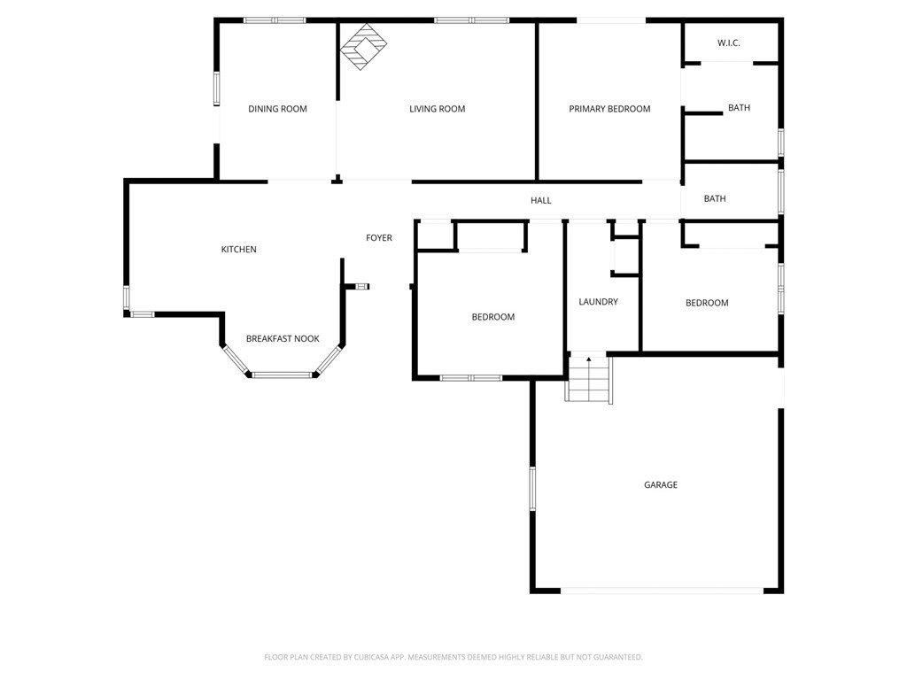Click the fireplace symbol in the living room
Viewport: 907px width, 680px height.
click(363, 46)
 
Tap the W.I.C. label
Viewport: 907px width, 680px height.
click(728, 43)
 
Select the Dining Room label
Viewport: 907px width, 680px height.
click(277, 109)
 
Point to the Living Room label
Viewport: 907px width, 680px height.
click(437, 109)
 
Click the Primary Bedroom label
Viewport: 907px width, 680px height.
click(609, 109)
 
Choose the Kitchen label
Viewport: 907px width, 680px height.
click(238, 250)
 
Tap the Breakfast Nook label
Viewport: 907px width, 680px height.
click(283, 338)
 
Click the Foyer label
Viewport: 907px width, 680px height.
click(379, 237)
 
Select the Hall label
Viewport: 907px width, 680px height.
click(541, 200)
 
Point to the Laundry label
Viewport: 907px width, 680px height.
click(598, 302)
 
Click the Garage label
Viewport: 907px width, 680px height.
click(661, 485)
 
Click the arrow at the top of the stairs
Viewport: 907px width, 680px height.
click(589, 360)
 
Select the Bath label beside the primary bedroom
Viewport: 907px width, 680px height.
click(739, 108)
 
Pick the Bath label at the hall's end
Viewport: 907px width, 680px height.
click(715, 198)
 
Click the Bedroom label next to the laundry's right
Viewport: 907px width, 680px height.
click(707, 303)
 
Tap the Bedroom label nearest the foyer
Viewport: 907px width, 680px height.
click(492, 317)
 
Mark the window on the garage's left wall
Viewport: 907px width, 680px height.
click(532, 488)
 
